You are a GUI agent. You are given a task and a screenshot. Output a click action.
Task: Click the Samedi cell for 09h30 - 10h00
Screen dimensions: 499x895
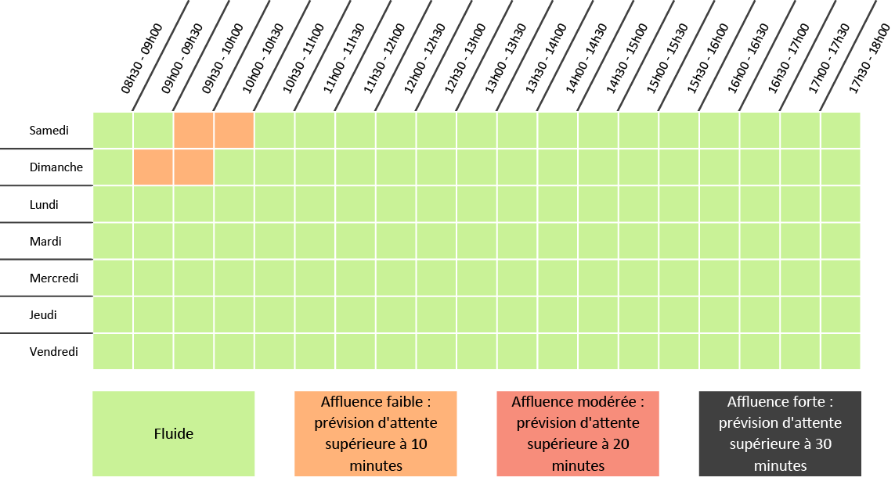[x=193, y=130]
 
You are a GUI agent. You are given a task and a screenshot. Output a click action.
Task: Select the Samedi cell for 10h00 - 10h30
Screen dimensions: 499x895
[x=234, y=130]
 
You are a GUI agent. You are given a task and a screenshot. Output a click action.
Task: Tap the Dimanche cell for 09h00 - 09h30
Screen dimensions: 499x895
[x=153, y=167]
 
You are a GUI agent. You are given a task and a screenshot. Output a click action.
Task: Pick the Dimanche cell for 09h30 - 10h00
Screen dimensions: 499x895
[x=193, y=167]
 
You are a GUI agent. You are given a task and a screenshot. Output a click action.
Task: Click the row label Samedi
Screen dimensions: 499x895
[x=49, y=130]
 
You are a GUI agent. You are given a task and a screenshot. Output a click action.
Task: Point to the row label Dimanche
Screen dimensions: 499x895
[x=56, y=167]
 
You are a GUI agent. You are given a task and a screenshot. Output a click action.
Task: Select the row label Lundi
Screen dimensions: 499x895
[x=45, y=204]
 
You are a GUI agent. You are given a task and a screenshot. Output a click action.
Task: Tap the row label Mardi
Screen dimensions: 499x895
[x=45, y=241]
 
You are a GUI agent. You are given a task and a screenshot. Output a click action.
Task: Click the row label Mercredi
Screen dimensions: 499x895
[x=54, y=278]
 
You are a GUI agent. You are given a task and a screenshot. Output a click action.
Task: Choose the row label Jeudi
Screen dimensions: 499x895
[x=44, y=314]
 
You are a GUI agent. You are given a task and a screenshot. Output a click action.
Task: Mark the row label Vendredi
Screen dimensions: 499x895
[x=54, y=351]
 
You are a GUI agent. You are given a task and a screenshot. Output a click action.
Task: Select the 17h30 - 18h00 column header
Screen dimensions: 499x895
[x=869, y=59]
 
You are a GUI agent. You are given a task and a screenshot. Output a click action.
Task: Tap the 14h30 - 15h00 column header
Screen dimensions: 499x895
[x=626, y=59]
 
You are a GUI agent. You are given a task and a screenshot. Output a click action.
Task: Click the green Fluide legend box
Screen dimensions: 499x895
[x=173, y=433]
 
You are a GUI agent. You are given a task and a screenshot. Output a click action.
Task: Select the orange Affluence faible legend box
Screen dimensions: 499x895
[x=375, y=433]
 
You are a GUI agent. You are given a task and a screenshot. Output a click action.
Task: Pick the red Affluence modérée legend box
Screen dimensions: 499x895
[x=578, y=433]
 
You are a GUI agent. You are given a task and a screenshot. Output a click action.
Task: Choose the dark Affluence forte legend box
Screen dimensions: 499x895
[x=780, y=433]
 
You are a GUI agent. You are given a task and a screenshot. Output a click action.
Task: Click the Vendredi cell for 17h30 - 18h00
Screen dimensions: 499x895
[x=840, y=351]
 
